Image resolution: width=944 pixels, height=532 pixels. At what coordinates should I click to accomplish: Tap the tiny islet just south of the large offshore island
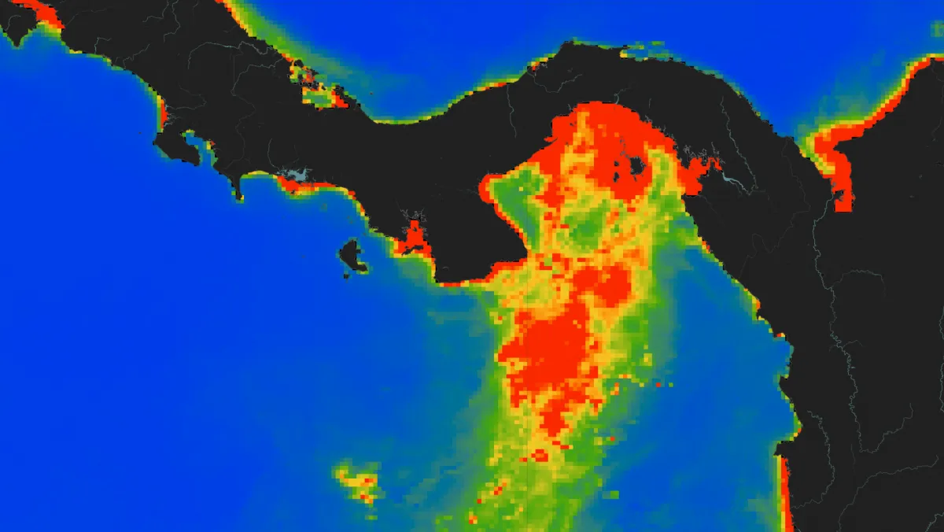(346, 275)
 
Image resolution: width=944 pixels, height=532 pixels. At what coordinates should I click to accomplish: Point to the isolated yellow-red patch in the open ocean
(359, 481)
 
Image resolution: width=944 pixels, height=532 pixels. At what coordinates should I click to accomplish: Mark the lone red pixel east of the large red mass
(658, 385)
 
